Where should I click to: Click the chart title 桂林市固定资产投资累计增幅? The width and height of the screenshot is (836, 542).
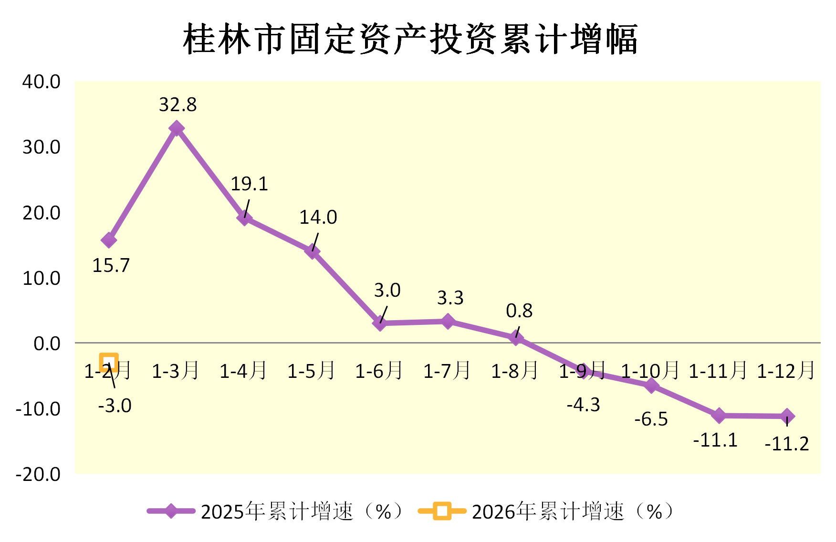coord(410,39)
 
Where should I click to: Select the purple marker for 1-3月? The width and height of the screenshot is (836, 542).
coord(177,128)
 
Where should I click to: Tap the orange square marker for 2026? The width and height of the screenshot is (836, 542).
coord(109,363)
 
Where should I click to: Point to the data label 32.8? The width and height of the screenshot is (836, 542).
coord(178,104)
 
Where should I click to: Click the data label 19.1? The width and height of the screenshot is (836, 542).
coord(249,184)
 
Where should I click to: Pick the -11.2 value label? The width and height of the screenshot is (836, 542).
coord(787,444)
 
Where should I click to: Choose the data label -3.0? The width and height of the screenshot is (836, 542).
coord(115,406)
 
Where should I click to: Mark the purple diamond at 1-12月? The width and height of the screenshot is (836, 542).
coord(787,417)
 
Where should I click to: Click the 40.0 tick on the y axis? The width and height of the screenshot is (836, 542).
coord(42,82)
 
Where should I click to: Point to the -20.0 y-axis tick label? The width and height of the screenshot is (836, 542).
coord(38,474)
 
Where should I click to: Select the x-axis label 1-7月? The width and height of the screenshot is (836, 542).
coord(447,371)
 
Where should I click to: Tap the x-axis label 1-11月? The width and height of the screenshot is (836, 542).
coord(718,371)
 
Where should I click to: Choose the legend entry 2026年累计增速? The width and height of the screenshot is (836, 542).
coord(546,511)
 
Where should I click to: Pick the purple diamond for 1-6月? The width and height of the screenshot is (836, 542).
coord(380,323)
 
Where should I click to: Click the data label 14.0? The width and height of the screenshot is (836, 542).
coord(318,218)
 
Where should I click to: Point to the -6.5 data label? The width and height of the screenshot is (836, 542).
coord(651,419)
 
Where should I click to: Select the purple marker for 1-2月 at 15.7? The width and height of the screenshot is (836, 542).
coord(109,240)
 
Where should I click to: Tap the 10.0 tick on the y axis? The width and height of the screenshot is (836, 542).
coord(42,278)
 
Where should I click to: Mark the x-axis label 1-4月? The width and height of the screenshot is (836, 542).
coord(243,371)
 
